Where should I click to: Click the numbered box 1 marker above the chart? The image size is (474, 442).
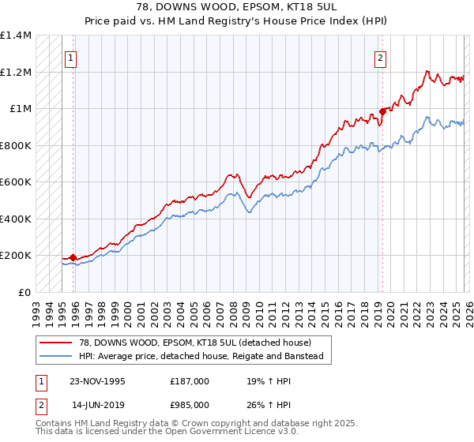coord(71,57)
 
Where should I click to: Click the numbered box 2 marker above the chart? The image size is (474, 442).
coord(381,57)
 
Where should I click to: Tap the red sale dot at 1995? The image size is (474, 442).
coord(73,257)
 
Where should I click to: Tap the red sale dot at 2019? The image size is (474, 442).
coord(382,111)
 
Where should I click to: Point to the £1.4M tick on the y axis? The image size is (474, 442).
coord(16,36)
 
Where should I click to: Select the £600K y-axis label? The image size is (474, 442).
coord(16,182)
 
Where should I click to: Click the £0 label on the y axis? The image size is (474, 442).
coord(24,292)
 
